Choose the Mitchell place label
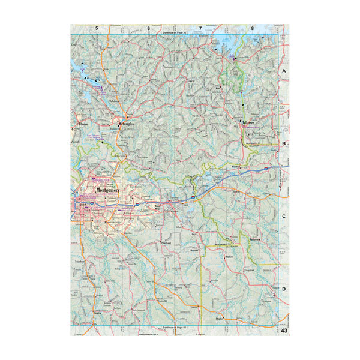[229, 256]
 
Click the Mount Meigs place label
[160, 208]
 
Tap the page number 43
[284, 332]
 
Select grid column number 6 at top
[148, 28]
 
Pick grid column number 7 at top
[200, 28]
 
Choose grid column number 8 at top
[253, 28]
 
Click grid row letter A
[284, 71]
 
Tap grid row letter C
[284, 217]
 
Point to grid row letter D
[284, 289]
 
